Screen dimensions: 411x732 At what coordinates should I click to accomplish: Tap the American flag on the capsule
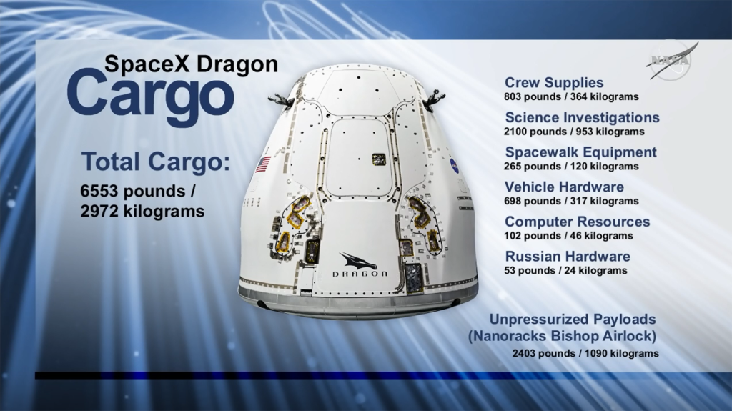[262, 164]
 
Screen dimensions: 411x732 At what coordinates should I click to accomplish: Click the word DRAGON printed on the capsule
[360, 274]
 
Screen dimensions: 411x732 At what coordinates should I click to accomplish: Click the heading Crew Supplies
[554, 83]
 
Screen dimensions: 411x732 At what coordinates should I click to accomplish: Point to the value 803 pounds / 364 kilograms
[571, 96]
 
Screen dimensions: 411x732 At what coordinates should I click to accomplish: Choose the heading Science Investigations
[582, 117]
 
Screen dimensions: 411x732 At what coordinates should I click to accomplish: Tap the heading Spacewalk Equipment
[580, 152]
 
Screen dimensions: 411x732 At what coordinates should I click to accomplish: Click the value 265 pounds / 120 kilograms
[571, 166]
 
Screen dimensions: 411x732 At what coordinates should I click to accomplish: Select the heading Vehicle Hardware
[564, 187]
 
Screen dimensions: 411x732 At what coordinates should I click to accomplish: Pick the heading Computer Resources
[577, 222]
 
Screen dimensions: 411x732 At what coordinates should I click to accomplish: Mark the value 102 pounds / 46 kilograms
[568, 236]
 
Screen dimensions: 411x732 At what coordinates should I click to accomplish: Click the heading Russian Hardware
[568, 257]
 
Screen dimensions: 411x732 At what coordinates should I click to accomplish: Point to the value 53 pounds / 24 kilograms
[565, 271]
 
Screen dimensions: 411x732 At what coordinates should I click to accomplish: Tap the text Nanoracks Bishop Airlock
[562, 335]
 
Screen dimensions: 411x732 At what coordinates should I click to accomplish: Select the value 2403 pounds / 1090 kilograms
[585, 353]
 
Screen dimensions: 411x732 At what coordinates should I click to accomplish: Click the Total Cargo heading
[156, 162]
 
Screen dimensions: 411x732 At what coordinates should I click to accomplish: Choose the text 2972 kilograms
[144, 212]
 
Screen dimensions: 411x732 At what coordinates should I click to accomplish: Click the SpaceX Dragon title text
[191, 64]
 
